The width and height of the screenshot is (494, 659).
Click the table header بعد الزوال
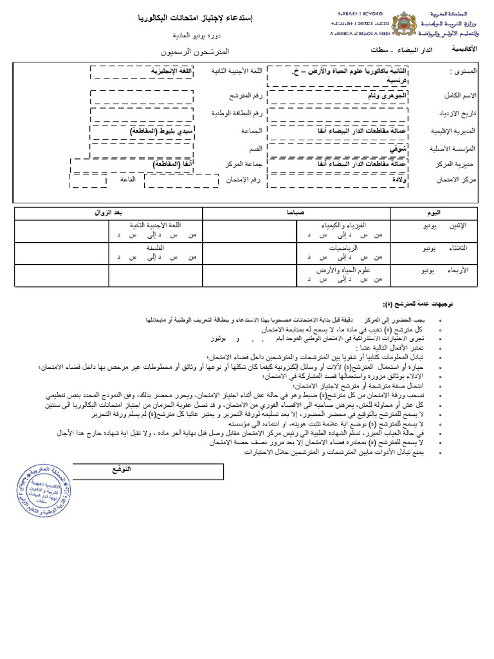(x=109, y=212)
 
